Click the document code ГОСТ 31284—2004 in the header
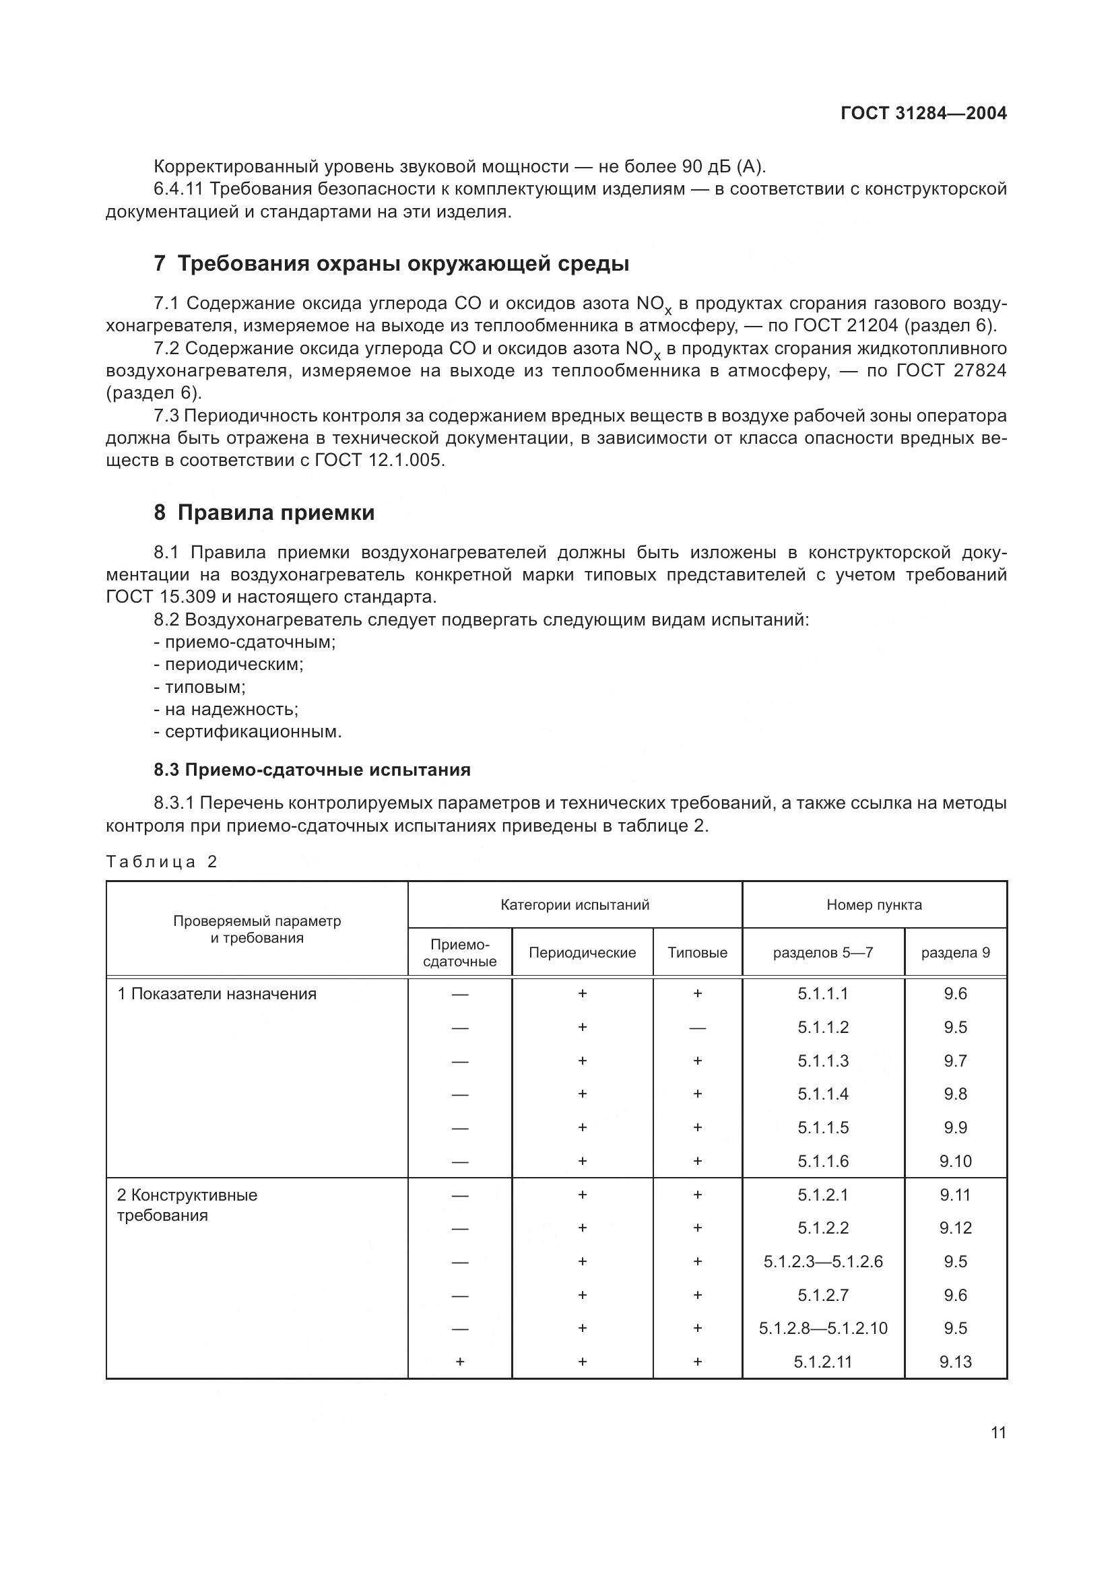point(923,114)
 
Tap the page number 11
point(999,1432)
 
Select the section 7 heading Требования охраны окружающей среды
point(391,263)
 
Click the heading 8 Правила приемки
point(264,512)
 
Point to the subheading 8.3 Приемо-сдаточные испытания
point(312,770)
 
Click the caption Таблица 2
point(161,862)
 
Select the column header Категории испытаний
point(575,905)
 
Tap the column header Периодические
point(583,952)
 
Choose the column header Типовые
point(698,952)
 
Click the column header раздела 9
point(956,952)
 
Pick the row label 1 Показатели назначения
point(217,994)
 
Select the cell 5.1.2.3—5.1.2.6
point(823,1261)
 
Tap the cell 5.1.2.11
point(823,1362)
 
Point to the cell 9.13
point(956,1362)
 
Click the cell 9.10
point(956,1162)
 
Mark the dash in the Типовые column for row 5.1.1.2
point(698,1028)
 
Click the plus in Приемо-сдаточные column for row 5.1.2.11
point(459,1362)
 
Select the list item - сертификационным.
point(248,731)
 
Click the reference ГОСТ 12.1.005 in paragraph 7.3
point(379,461)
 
